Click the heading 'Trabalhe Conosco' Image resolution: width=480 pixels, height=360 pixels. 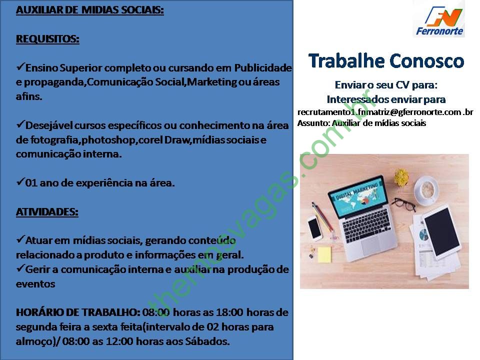coord(386,60)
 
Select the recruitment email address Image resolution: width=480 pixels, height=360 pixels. coord(385,112)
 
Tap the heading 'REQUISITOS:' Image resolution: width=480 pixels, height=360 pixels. coord(47,39)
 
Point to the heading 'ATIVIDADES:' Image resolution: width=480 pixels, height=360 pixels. coord(47,212)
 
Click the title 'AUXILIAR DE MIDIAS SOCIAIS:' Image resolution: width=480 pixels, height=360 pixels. coord(89,10)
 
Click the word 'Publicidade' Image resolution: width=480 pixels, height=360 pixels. coord(263,67)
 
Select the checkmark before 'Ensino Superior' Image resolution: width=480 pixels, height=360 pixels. coord(20,66)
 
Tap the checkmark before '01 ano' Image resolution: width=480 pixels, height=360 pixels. coord(20,182)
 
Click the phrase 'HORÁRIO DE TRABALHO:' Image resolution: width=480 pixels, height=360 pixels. coord(78,312)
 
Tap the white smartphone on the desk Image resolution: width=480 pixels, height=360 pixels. coord(315,228)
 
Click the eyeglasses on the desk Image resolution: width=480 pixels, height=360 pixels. coord(404,204)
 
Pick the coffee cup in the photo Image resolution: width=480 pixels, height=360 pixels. coord(427,190)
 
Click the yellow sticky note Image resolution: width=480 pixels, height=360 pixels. coord(324,254)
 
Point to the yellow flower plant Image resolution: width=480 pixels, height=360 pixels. coord(401,177)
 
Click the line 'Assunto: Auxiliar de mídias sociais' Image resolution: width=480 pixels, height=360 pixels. coord(361,123)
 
